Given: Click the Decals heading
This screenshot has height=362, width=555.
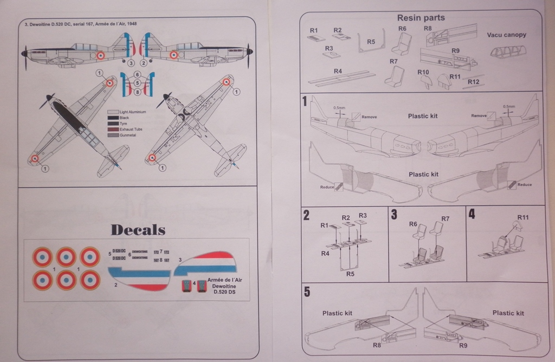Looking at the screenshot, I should [138, 230].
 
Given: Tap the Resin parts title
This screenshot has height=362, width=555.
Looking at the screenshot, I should [421, 18].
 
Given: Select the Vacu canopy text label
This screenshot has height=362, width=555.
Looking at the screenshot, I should [506, 35].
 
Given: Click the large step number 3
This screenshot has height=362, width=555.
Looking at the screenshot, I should [394, 215].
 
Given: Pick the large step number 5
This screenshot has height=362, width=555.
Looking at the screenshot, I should [307, 292].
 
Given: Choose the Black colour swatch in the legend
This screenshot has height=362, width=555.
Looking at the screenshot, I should [113, 118].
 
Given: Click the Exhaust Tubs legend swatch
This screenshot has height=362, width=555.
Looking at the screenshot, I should [113, 130].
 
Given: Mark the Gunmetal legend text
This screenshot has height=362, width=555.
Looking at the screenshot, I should [128, 135].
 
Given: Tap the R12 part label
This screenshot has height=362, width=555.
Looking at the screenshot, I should [473, 82].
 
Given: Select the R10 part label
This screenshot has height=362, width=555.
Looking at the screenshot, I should [423, 72].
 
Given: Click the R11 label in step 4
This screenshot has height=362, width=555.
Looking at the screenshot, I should [523, 217].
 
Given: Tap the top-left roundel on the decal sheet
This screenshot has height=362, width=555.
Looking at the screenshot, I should [42, 257].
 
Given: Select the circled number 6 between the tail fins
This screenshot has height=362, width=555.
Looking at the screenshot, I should [137, 74].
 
